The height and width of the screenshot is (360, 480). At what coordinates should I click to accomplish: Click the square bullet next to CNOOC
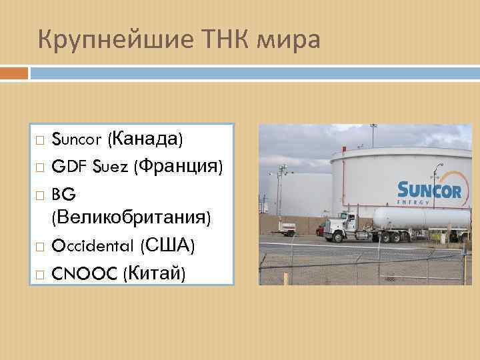40,273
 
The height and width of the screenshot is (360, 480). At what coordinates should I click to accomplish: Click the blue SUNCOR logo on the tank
429,191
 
